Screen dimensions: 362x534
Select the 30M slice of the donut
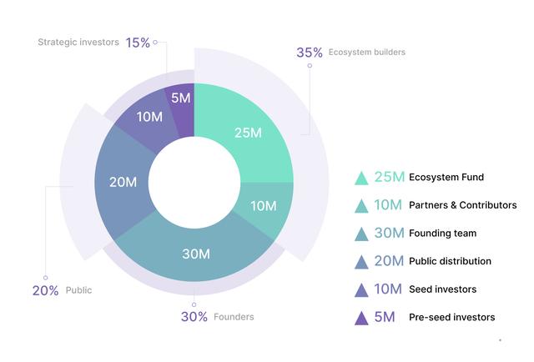pos(195,254)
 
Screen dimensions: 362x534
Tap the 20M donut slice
pos(123,182)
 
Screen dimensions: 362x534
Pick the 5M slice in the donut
pos(180,98)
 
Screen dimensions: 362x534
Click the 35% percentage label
pos(309,53)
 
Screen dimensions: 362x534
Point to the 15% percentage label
pos(137,42)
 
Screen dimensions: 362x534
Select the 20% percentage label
pos(45,290)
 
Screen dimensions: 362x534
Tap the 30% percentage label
pos(194,316)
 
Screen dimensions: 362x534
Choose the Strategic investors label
pos(79,42)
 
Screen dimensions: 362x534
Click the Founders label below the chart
pos(234,317)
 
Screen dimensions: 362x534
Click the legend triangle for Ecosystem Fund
pos(361,178)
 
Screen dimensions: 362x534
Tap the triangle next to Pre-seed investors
pos(361,318)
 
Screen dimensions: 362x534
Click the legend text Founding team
pos(442,234)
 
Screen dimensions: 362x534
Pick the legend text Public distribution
pos(450,261)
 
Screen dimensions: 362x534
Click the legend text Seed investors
pos(442,289)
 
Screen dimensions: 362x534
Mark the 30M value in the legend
pos(390,234)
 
